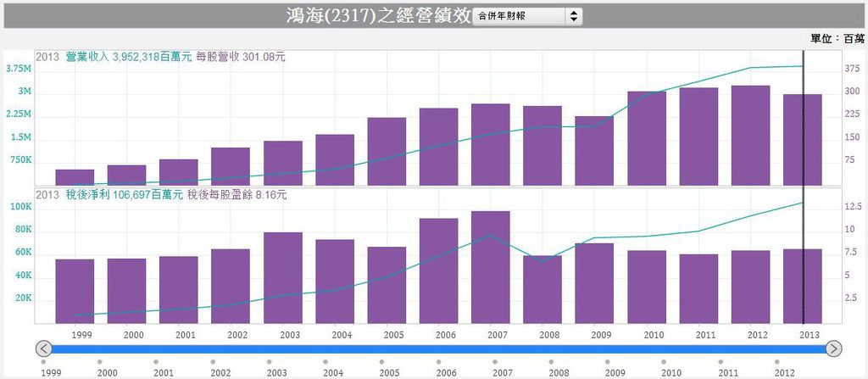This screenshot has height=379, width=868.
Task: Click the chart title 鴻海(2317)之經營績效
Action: click(x=376, y=15)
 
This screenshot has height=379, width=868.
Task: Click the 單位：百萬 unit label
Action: click(x=837, y=38)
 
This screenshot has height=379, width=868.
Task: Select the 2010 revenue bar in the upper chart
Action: click(x=647, y=137)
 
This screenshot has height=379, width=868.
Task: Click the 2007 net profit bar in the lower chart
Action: click(x=490, y=266)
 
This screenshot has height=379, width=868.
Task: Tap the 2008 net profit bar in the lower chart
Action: click(x=542, y=288)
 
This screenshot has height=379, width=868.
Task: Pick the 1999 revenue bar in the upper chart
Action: click(x=75, y=176)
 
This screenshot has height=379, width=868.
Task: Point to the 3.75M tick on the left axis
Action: click(x=19, y=69)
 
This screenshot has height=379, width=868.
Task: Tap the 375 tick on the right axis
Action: click(x=851, y=69)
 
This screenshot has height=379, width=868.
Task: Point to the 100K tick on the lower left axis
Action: click(x=19, y=207)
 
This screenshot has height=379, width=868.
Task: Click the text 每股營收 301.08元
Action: click(x=241, y=57)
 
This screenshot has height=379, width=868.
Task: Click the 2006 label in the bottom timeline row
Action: click(x=446, y=372)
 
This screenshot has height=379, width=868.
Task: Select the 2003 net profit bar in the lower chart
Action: click(x=282, y=277)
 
